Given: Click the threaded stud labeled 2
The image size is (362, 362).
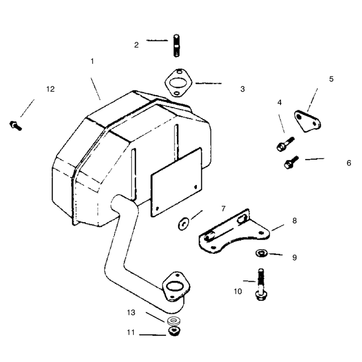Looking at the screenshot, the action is click(x=176, y=46).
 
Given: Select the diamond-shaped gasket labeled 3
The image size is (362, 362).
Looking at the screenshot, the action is click(x=178, y=83).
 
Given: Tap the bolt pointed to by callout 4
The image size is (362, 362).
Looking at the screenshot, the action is click(x=286, y=144).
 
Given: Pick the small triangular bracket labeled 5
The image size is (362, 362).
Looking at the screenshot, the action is click(x=308, y=121).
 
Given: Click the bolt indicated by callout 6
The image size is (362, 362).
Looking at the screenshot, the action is click(x=291, y=162).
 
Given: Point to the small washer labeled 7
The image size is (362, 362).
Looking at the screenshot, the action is click(x=184, y=224).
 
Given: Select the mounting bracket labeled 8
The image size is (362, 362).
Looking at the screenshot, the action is click(x=233, y=232).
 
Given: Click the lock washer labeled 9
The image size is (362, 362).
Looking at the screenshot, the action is click(x=262, y=253).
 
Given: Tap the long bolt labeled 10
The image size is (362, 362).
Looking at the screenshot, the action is click(x=261, y=285).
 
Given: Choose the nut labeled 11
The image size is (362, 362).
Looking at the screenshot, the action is click(x=175, y=331).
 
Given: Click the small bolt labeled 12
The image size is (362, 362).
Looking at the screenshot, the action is click(x=16, y=126).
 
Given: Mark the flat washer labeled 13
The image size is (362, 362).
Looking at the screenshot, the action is click(x=174, y=320).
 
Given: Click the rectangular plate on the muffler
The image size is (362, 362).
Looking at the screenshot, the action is click(x=176, y=182).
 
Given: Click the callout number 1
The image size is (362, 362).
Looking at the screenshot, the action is click(x=92, y=62).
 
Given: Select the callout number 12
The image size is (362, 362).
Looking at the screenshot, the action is click(x=50, y=89).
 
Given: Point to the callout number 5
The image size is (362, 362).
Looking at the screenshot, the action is click(x=331, y=79).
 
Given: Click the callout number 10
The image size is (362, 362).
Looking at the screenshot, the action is click(x=238, y=291).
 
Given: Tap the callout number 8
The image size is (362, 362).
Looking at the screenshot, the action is click(x=295, y=221).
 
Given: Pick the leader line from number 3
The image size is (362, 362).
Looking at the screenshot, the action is click(x=209, y=83).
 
